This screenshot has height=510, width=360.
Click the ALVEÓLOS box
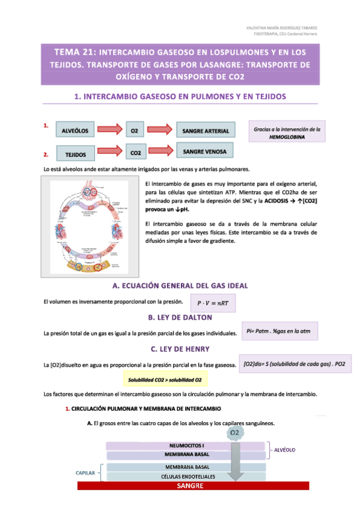75,131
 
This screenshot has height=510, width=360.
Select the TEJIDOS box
76,155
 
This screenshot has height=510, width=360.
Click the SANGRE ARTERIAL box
206,131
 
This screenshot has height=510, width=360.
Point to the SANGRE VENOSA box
204,152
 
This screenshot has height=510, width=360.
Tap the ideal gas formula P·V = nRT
213,303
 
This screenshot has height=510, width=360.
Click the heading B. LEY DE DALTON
180,318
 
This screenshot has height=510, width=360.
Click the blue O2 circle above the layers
236,432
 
